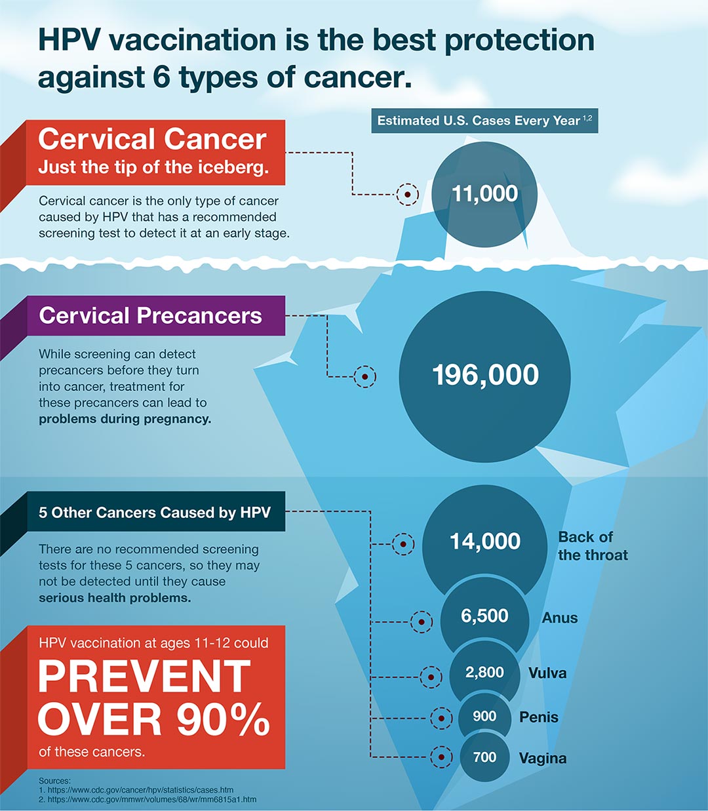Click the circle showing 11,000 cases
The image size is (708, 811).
pos(484,194)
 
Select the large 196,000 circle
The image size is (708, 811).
pos(485,374)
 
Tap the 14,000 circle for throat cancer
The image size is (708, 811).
pos(484,542)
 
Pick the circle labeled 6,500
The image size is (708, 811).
pos(484,616)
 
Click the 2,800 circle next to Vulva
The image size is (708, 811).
pos(484,673)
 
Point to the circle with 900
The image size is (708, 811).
pos(484,717)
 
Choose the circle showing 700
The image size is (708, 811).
pos(484,757)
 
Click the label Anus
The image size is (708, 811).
pos(559,618)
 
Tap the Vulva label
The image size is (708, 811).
pos(547,673)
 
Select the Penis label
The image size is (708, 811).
pos(539,717)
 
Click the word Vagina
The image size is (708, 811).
pos(543,759)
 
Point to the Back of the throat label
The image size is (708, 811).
pos(593,545)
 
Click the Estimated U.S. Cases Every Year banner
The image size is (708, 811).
pos(484,121)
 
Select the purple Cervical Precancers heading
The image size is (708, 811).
pos(151,316)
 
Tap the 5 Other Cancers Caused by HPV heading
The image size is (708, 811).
pos(155,513)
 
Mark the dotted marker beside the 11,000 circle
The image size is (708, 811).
pos(407,195)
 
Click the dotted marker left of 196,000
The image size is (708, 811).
pos(364,376)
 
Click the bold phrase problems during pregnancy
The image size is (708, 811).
pos(125,419)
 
